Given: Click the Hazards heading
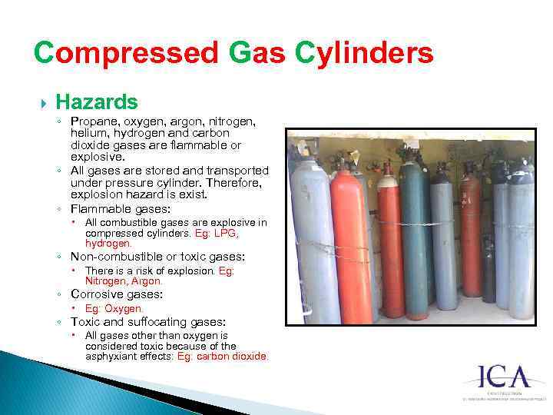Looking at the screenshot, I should tap(97, 101).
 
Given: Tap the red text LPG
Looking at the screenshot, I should tap(226, 233).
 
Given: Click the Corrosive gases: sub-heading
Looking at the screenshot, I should tap(118, 294).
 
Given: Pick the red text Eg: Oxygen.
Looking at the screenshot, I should tap(114, 309).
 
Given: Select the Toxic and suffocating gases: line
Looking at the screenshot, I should tap(147, 322).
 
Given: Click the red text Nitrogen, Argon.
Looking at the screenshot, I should tap(124, 281).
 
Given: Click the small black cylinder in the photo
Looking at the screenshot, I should tap(488, 269).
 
